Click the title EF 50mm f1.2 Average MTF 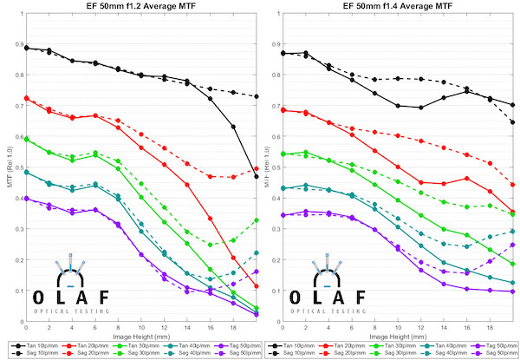tap(142, 7)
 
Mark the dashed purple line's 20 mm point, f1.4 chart tap(514, 245)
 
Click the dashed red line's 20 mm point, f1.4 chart tap(514, 184)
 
